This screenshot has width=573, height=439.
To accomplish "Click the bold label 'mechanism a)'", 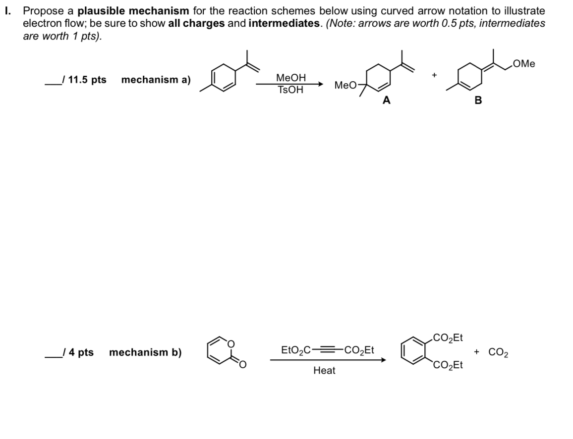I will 156,80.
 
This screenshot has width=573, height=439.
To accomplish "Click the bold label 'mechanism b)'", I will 145,352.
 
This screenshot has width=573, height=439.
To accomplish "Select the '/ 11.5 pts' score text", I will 83,80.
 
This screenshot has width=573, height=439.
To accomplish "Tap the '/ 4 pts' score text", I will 77,352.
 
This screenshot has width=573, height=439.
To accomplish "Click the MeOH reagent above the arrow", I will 291,78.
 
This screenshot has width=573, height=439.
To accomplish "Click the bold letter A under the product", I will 387,100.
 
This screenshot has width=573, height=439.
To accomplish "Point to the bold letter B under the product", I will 478,100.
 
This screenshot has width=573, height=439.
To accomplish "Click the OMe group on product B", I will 524,64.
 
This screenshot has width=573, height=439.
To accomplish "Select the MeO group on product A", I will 344,85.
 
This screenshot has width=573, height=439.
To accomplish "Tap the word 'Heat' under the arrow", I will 324,370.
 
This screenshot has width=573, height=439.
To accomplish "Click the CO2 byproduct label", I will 498,352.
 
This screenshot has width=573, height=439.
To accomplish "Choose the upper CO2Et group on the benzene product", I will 448,339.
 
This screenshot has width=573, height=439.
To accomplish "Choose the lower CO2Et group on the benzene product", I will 448,366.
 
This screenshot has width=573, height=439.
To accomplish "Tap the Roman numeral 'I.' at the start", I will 7,10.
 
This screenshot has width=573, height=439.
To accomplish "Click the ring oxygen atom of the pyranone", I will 230,341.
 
